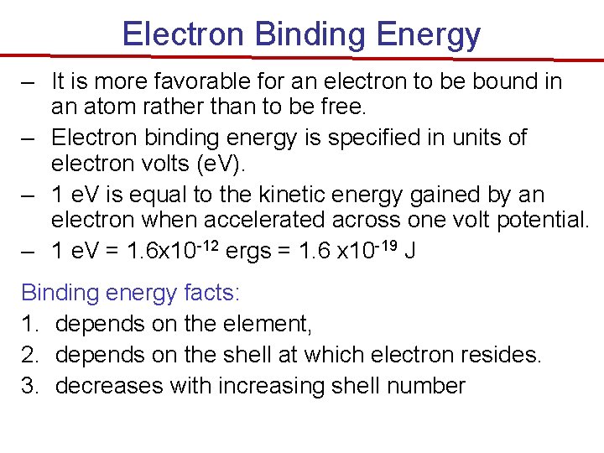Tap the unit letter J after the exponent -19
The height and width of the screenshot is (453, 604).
click(409, 251)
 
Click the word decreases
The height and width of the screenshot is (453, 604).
click(108, 386)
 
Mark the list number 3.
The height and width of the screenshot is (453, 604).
click(29, 386)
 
